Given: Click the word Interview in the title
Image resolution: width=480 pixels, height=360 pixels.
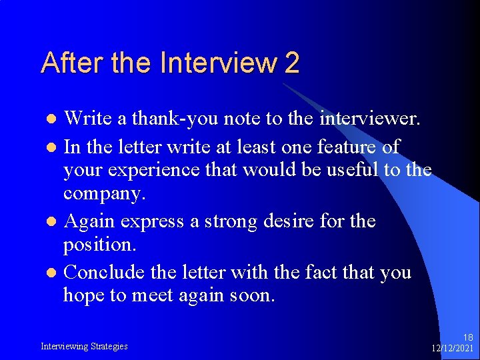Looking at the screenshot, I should [x=219, y=63].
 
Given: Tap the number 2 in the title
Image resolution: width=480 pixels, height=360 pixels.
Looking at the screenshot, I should [x=291, y=63].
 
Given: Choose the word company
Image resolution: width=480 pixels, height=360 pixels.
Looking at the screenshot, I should [x=103, y=195].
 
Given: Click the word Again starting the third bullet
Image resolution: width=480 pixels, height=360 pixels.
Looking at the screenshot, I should [x=92, y=221].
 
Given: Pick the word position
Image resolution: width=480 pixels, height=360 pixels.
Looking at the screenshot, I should [x=98, y=245].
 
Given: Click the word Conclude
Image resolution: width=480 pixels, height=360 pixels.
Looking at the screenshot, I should [x=103, y=271].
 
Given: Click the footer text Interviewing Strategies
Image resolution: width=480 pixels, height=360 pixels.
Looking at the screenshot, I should [x=84, y=346].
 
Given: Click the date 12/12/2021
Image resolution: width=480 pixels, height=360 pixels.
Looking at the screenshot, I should [x=453, y=348].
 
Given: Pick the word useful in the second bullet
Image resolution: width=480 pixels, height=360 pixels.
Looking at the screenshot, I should [x=351, y=171].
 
